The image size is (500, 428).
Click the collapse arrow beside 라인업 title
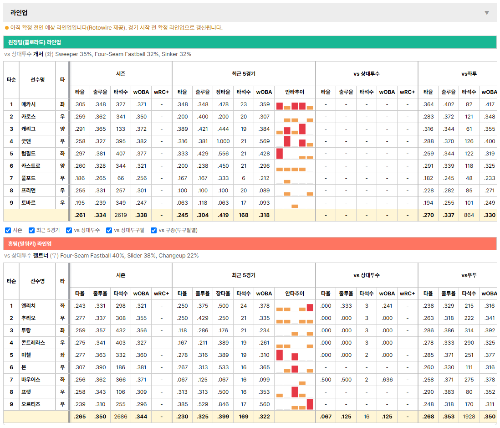(487, 13)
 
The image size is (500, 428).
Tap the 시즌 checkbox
(8, 231)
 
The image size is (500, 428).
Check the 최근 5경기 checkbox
(31, 231)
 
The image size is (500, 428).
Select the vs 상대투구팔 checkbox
(109, 231)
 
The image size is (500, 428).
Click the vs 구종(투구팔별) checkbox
(154, 231)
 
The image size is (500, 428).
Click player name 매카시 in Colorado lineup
(28, 104)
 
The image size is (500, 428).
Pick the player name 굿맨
(26, 141)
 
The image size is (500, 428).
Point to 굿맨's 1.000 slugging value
(223, 141)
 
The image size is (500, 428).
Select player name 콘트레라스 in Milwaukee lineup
(33, 343)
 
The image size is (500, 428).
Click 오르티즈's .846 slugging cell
(223, 404)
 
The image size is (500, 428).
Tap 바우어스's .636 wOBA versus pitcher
(387, 380)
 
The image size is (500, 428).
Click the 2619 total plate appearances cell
(121, 215)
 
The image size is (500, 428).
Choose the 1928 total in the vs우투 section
(469, 417)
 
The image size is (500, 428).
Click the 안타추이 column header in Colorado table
(295, 92)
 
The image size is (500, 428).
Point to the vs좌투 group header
(469, 74)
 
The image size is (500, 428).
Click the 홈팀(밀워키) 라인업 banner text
(30, 244)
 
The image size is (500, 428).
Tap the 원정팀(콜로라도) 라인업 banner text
(35, 42)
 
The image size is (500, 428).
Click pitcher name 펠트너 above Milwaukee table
(41, 256)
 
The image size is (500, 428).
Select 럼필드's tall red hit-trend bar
(280, 154)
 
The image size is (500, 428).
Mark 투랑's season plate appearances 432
(121, 330)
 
